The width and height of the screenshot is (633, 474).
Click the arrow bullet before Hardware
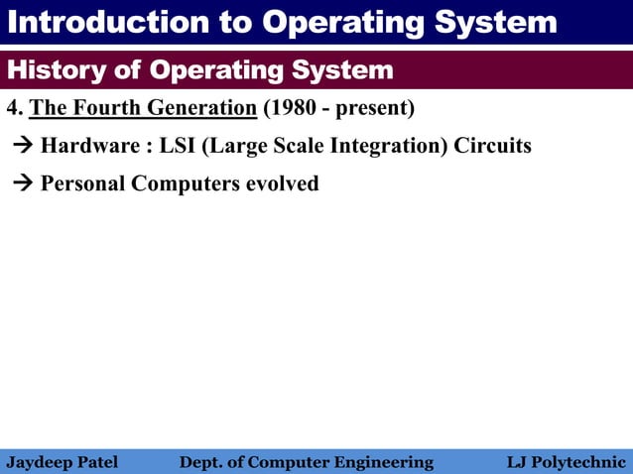point(23,147)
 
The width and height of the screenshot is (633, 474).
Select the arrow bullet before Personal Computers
point(23,184)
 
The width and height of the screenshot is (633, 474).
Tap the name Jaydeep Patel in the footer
point(62,462)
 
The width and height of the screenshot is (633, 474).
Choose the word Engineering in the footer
point(385,462)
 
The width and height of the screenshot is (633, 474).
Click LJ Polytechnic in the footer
point(566,462)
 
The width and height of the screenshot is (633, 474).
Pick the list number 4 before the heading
point(12,107)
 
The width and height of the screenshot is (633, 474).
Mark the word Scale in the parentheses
point(310,146)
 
